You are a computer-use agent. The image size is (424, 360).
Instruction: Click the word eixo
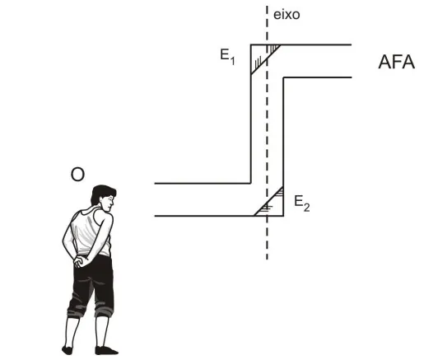coord(287,15)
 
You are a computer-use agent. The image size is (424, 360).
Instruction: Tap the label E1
coord(227,57)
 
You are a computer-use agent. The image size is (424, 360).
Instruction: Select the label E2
coord(302,203)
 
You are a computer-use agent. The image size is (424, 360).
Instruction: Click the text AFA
coord(396,62)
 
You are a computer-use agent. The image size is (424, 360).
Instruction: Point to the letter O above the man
coord(77,175)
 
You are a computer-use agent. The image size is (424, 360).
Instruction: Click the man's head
coord(104,198)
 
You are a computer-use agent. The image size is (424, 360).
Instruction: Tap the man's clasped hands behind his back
coord(82,261)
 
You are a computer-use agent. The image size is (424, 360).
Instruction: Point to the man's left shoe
coord(68,350)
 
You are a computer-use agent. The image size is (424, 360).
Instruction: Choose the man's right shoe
coord(106,350)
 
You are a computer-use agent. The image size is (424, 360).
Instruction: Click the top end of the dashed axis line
coord(267,6)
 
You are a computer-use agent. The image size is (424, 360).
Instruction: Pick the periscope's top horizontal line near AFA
coord(301,44)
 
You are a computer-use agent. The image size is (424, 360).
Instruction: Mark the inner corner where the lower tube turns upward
coord(250,183)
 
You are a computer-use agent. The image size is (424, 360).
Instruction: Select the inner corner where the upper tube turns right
coord(283,77)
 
